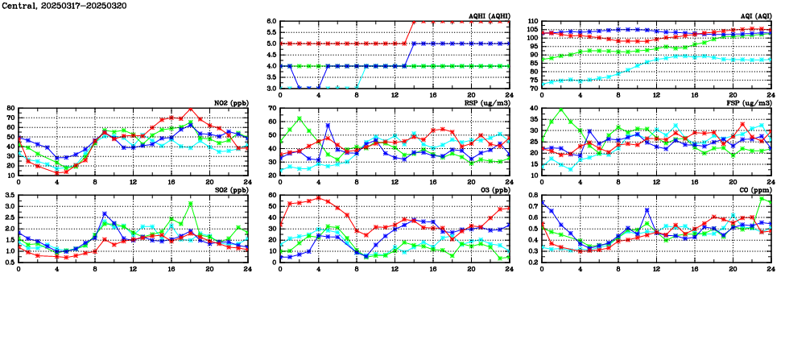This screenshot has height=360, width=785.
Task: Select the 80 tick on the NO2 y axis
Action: pyautogui.click(x=11, y=108)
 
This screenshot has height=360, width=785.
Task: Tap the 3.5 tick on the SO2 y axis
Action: pyautogui.click(x=10, y=195)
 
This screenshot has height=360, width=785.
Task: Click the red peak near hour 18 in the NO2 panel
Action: pyautogui.click(x=190, y=110)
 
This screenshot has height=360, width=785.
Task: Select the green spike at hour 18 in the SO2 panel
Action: pyautogui.click(x=190, y=203)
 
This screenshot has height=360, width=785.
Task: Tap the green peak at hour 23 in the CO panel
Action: pyautogui.click(x=762, y=198)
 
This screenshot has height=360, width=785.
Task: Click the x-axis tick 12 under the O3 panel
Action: pyautogui.click(x=395, y=267)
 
